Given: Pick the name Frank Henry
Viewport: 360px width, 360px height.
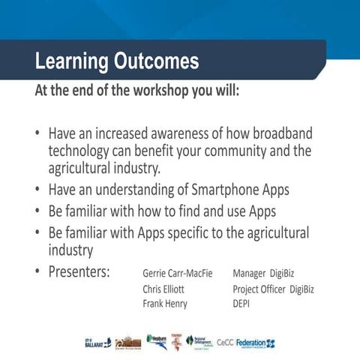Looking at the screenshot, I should (x=165, y=304).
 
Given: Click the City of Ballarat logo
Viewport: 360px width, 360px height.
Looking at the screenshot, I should (x=97, y=342).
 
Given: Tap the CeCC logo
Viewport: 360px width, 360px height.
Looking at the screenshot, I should (x=225, y=343).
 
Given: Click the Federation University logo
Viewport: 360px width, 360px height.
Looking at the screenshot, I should (x=256, y=343).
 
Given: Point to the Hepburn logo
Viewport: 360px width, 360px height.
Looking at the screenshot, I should (x=157, y=341).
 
